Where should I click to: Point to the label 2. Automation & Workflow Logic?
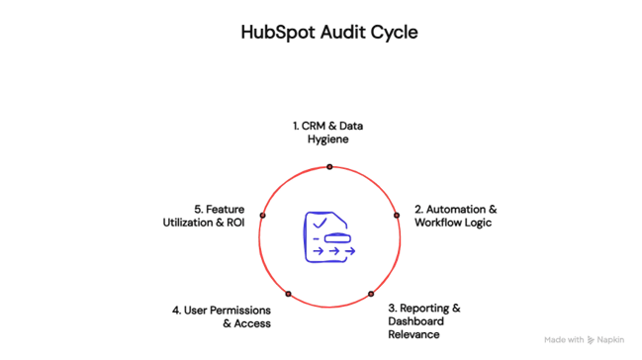click(x=455, y=216)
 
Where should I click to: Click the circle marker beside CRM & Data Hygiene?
click(x=329, y=166)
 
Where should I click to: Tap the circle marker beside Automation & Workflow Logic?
click(x=397, y=215)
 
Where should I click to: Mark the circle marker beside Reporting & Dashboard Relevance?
click(x=371, y=294)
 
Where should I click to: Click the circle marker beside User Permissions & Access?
click(x=288, y=294)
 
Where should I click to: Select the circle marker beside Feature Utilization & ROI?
click(x=262, y=215)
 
